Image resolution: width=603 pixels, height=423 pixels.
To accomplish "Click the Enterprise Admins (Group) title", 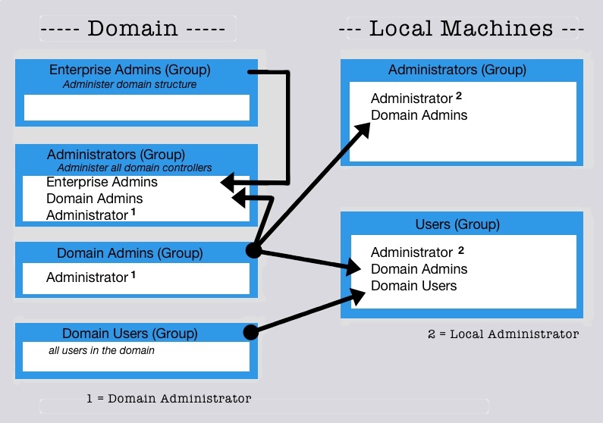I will click(130, 70).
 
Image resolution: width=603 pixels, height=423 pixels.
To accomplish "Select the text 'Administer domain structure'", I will click(130, 84).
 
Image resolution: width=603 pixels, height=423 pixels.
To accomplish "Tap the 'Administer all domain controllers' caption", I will click(134, 168).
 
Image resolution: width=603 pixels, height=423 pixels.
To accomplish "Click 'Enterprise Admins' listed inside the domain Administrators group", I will click(102, 182).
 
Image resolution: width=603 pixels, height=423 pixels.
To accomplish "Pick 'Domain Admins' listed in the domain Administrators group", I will click(94, 199).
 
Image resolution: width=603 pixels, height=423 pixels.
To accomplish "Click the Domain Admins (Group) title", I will click(130, 253).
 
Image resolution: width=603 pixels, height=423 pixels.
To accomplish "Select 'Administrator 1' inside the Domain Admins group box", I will click(90, 277).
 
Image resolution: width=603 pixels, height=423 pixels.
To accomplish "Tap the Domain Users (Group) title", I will click(130, 333).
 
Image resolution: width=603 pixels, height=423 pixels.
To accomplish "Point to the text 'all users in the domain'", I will click(101, 350).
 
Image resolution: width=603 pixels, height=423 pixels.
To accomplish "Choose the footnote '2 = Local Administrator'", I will click(502, 334).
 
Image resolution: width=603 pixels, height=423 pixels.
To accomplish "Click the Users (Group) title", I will click(457, 224).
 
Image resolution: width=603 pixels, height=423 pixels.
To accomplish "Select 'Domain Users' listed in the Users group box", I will click(413, 286).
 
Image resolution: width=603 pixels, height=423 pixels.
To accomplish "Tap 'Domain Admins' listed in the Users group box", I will click(419, 269).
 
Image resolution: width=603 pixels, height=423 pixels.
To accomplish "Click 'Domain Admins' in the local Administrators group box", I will click(419, 115).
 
